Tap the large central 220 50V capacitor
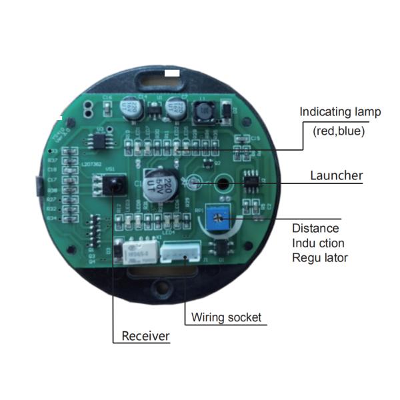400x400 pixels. tap(161, 185)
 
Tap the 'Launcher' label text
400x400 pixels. tap(337, 176)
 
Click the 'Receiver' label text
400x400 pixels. tap(145, 336)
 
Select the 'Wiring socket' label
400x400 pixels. tap(226, 317)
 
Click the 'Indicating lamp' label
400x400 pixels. tap(340, 111)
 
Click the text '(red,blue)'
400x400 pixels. tap(339, 131)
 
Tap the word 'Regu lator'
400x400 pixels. tap(320, 257)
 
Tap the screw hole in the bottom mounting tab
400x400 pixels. tap(161, 288)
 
